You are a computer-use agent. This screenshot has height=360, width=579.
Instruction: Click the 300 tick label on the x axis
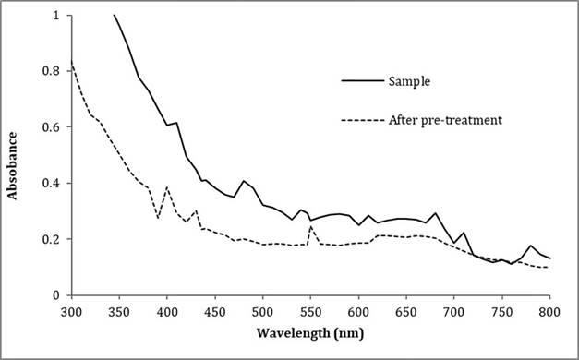71,311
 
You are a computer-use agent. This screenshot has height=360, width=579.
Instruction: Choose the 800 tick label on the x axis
550,311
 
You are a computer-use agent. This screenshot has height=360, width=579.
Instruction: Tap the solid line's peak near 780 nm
531,246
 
